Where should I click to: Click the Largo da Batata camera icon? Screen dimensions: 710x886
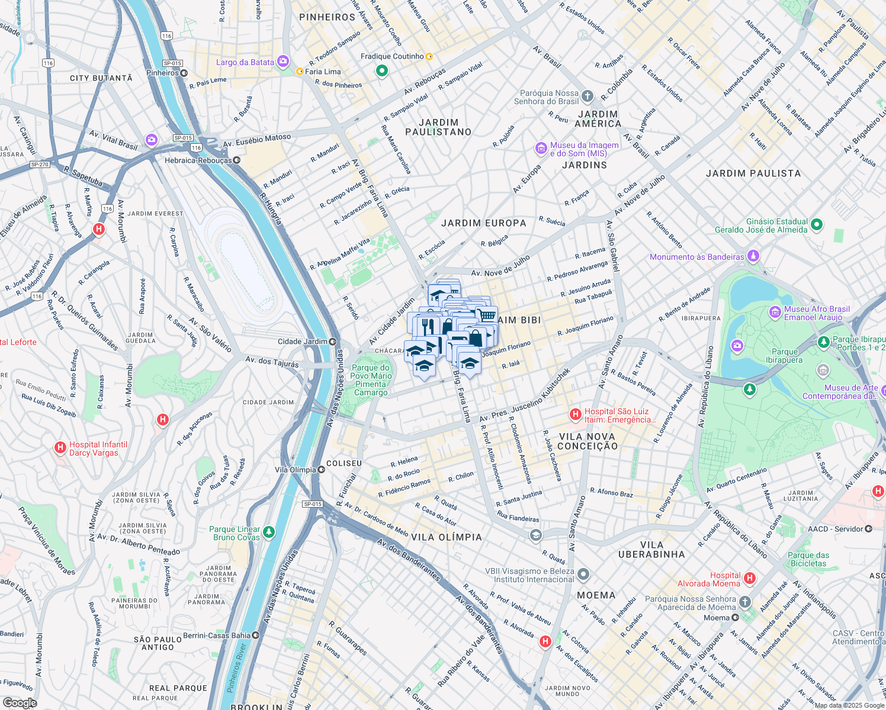[283, 62]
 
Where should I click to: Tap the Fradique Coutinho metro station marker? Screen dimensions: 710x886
[429, 57]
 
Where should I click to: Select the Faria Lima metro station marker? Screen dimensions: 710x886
[300, 72]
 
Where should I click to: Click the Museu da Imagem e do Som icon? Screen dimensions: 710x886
[541, 148]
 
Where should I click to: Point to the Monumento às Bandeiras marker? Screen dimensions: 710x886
[753, 256]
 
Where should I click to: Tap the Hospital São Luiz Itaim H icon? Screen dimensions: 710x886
[574, 415]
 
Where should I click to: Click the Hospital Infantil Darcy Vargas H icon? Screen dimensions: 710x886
[60, 448]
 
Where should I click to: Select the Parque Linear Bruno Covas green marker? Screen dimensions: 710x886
[269, 532]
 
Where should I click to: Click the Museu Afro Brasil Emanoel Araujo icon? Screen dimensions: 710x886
[775, 312]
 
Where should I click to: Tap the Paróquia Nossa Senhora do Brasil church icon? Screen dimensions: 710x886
[587, 96]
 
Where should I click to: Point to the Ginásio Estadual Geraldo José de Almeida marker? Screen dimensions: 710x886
[817, 224]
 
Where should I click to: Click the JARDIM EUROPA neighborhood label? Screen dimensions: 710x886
[483, 223]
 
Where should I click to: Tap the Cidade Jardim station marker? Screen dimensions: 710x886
[333, 341]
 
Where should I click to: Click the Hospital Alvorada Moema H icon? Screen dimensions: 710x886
[750, 578]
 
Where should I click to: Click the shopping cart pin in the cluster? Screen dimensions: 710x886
[486, 315]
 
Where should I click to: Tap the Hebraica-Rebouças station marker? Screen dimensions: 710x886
[236, 160]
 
